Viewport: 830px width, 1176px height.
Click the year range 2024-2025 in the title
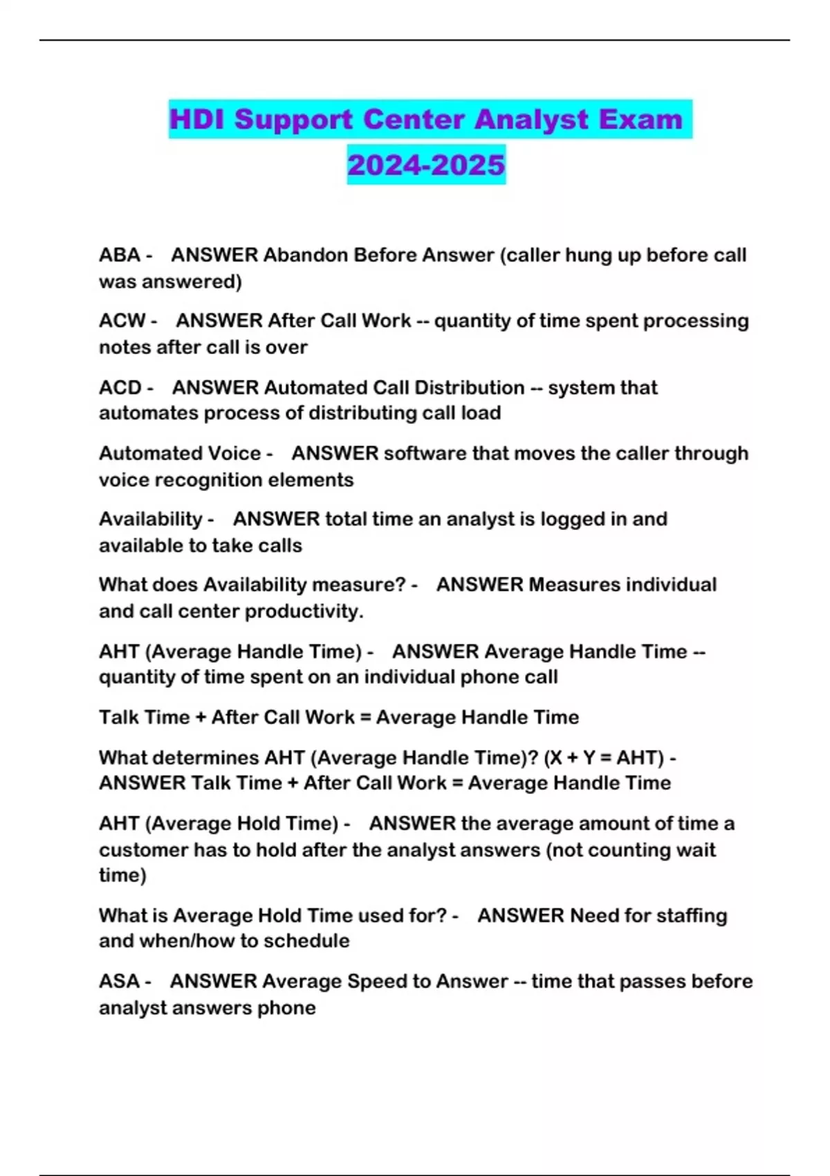coord(426,165)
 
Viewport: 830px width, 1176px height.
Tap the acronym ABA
coord(120,255)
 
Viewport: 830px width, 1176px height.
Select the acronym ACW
coord(122,321)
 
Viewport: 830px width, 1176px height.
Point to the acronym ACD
coord(120,387)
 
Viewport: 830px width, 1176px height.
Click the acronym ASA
coord(119,982)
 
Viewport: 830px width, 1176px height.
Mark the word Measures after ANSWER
coord(574,585)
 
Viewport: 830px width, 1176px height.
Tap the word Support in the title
coord(293,119)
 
